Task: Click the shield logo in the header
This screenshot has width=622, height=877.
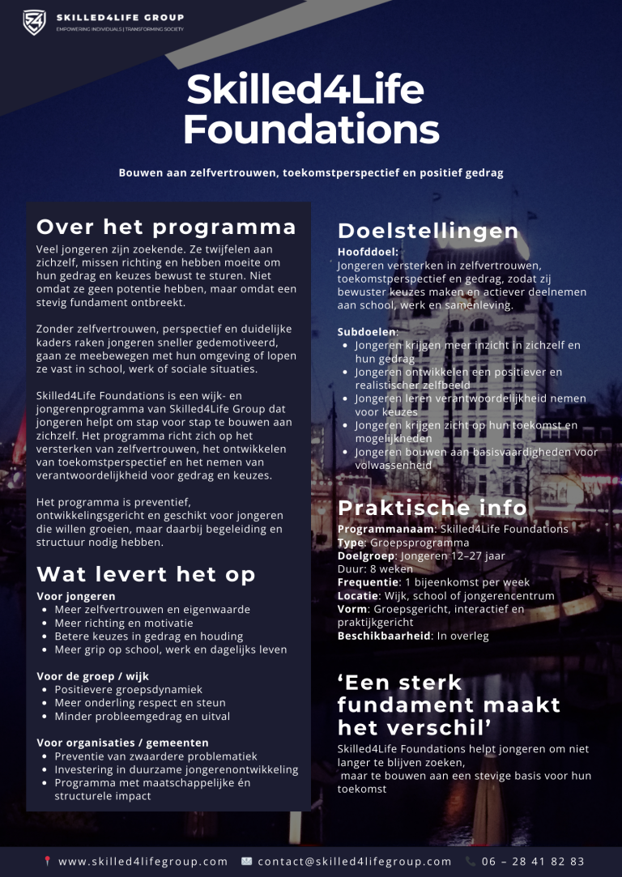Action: [34, 22]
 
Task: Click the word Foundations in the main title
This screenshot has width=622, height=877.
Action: [311, 130]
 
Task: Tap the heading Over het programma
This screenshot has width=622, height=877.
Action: [166, 226]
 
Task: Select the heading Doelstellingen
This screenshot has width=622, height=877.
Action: [428, 231]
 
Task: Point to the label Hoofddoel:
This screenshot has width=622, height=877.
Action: [363, 252]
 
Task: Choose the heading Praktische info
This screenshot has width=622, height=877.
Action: [432, 508]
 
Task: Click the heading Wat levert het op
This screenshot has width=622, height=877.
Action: [146, 574]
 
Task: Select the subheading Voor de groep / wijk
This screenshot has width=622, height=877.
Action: [93, 676]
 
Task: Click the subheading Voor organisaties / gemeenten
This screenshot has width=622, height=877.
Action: [122, 743]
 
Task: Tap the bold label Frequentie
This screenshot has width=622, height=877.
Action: [369, 582]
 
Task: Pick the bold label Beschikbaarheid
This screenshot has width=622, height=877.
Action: [384, 636]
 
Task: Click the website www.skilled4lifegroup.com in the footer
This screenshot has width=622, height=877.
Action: [143, 862]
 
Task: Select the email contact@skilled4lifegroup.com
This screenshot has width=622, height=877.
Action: [355, 862]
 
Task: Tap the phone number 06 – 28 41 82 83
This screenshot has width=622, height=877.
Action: [533, 862]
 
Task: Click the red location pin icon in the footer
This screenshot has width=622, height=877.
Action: [48, 862]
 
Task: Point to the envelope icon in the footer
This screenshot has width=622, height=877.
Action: [247, 862]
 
